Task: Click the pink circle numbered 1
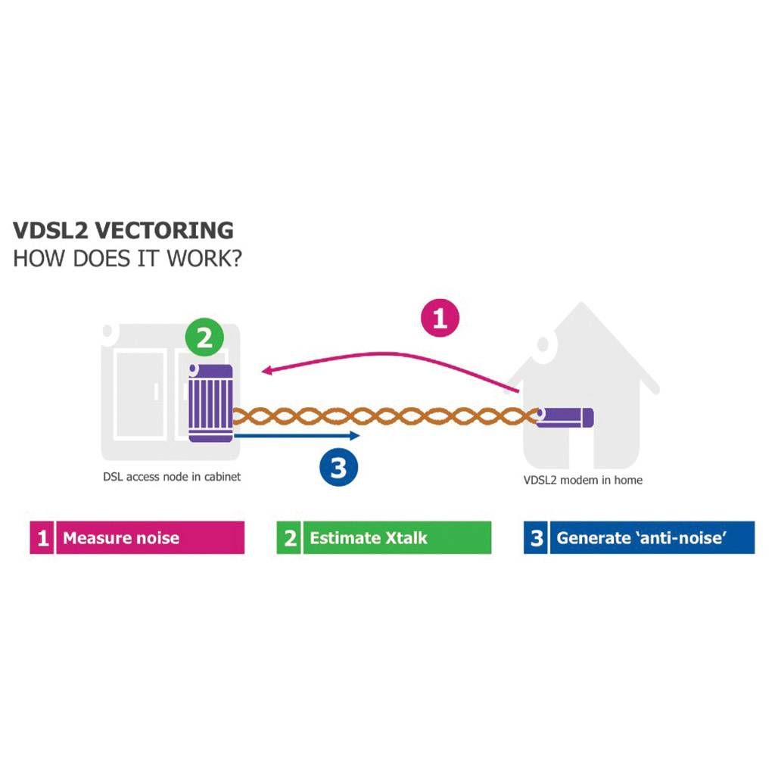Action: pyautogui.click(x=440, y=319)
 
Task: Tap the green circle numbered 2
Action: pyautogui.click(x=204, y=338)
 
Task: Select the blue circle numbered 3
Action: pyautogui.click(x=338, y=466)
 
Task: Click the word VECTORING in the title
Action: pyautogui.click(x=163, y=230)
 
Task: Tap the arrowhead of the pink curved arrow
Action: pyautogui.click(x=267, y=369)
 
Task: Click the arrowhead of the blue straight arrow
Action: pyautogui.click(x=354, y=435)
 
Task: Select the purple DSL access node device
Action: pyautogui.click(x=210, y=403)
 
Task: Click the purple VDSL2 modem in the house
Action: pyautogui.click(x=565, y=417)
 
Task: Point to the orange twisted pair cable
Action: pyautogui.click(x=385, y=416)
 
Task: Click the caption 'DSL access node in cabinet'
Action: pyautogui.click(x=172, y=477)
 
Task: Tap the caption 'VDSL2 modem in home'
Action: pyautogui.click(x=584, y=480)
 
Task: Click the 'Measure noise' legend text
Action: pyautogui.click(x=121, y=538)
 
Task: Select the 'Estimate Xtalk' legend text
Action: pyautogui.click(x=369, y=538)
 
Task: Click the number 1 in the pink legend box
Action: pyautogui.click(x=42, y=538)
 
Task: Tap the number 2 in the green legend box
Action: pyautogui.click(x=290, y=538)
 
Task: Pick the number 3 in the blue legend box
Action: pyautogui.click(x=537, y=538)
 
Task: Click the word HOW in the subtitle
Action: pyautogui.click(x=39, y=259)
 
